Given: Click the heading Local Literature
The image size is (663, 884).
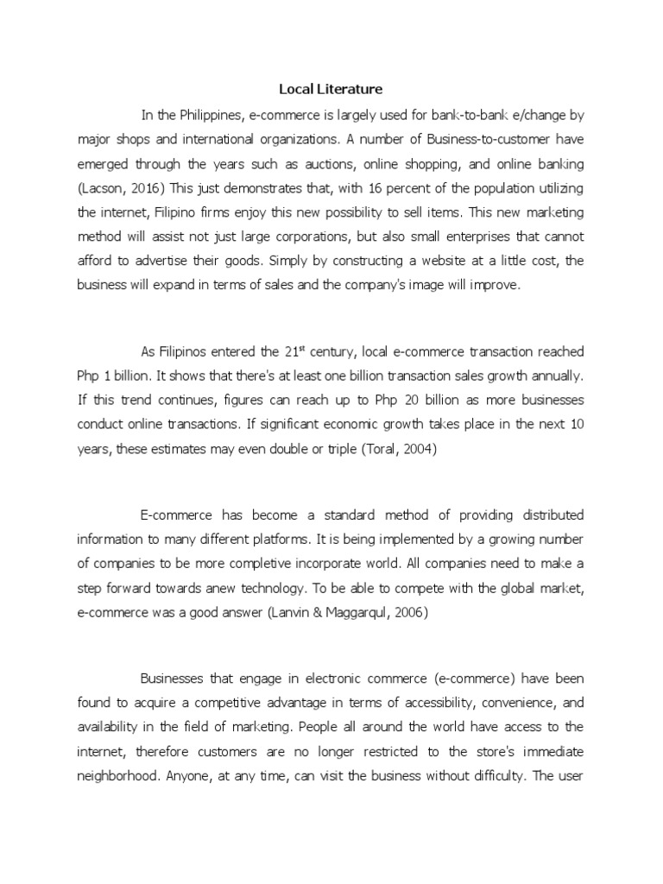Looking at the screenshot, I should tap(331, 89).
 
